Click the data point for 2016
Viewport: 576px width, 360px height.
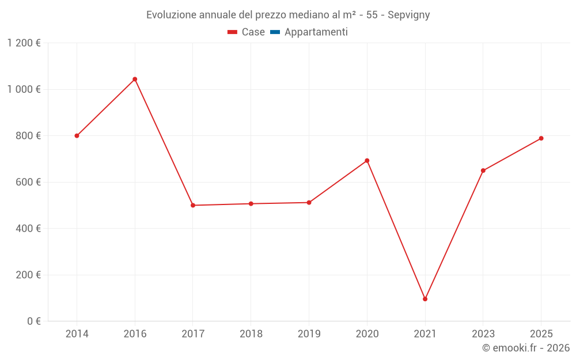tap(135, 79)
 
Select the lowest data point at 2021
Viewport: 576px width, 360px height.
tap(425, 299)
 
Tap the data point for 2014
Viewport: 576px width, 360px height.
tap(77, 136)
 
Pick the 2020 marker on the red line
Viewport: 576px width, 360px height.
tap(367, 161)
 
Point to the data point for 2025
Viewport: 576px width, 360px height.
tap(541, 138)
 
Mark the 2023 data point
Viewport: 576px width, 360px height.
tap(483, 170)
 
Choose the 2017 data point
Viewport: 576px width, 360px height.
tap(193, 205)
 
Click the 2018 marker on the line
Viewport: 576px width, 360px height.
tap(251, 203)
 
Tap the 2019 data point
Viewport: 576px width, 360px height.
tap(309, 202)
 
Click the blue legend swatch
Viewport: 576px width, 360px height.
tap(275, 32)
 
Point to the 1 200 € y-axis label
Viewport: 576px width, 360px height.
tap(24, 43)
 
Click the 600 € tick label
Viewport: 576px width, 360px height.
tap(28, 182)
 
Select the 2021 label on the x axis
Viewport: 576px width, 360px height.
tap(425, 334)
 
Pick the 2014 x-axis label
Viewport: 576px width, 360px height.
tap(77, 334)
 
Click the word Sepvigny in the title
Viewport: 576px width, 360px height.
tap(409, 15)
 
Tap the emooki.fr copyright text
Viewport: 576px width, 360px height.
tap(526, 348)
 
